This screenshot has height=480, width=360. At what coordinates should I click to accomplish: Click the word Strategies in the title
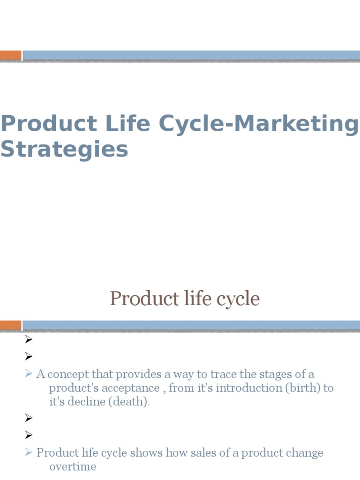pos(64,150)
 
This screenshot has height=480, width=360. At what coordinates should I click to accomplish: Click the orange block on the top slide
pos(10,55)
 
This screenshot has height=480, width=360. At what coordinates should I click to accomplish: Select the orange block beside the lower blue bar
pos(10,325)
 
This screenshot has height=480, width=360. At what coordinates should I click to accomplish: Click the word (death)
pos(133,402)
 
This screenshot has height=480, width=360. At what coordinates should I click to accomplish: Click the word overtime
pos(73,467)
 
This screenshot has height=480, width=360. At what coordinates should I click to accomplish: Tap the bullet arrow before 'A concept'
pos(29,374)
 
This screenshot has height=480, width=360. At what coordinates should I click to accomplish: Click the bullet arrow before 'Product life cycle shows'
pos(29,453)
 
